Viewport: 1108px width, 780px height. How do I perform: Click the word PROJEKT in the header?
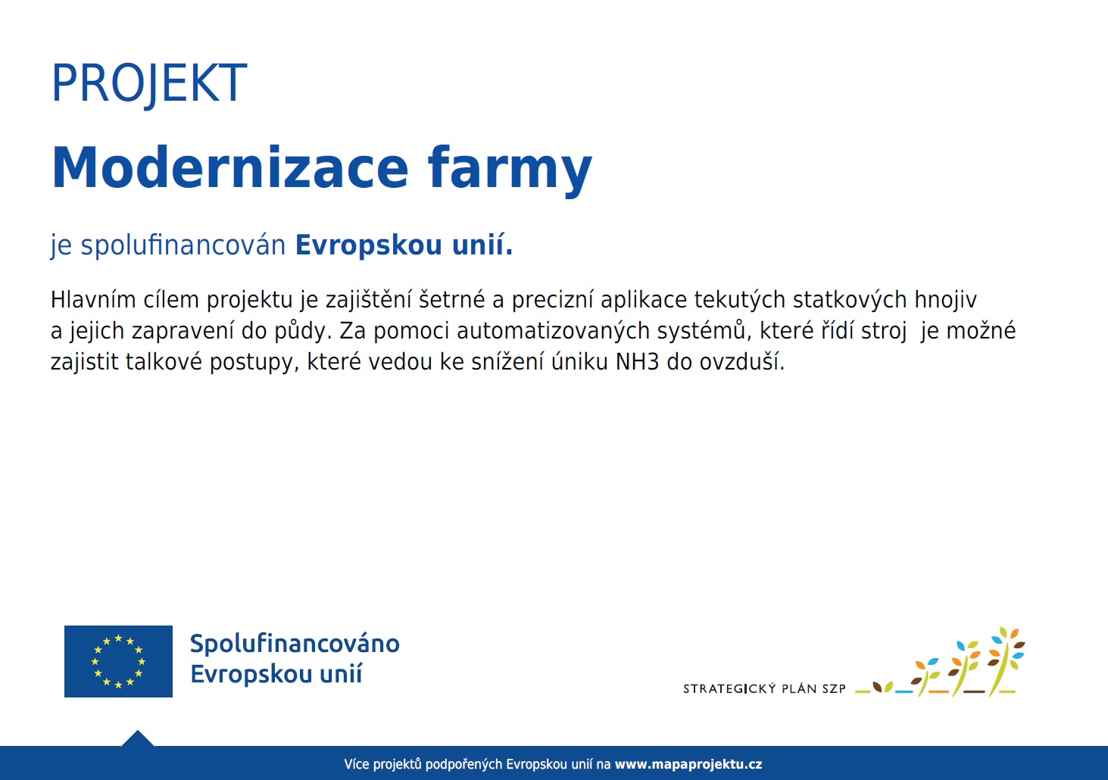click(x=149, y=83)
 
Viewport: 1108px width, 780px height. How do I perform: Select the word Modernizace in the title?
click(x=230, y=167)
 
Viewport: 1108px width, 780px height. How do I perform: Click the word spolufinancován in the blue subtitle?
click(x=183, y=245)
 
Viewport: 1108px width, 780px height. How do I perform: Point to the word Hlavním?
click(x=93, y=299)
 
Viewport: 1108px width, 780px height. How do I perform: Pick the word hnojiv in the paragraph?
click(x=945, y=300)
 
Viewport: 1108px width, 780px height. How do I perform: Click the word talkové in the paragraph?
click(x=164, y=361)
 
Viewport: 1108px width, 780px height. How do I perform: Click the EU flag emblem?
click(x=118, y=661)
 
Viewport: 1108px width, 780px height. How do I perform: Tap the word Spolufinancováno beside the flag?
click(x=295, y=644)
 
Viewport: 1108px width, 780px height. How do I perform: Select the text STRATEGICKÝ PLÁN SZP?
click(x=764, y=688)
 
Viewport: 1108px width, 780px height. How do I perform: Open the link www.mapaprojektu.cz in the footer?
click(x=688, y=764)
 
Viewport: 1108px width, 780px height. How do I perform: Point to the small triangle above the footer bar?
click(x=138, y=738)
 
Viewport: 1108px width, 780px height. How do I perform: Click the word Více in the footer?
click(x=357, y=764)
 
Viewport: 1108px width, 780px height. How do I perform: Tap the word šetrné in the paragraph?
click(x=451, y=299)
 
